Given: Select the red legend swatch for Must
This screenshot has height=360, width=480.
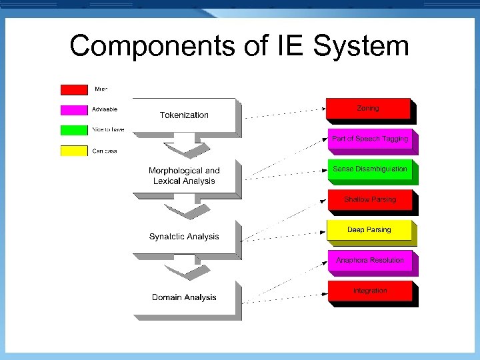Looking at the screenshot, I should [x=74, y=89].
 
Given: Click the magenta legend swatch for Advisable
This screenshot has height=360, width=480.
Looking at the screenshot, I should [x=74, y=109].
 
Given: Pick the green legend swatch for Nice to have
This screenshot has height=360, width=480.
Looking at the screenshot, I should [x=74, y=130].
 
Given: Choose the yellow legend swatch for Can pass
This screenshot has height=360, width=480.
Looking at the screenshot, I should [x=74, y=151].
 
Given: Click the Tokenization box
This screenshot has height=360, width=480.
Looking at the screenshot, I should [x=184, y=115].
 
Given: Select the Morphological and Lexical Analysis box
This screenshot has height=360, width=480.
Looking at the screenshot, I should [x=184, y=176].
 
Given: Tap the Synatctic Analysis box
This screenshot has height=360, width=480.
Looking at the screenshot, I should [x=184, y=237].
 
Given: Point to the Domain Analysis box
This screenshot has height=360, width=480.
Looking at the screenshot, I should [x=184, y=297].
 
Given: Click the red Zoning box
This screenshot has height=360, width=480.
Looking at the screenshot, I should [x=368, y=109].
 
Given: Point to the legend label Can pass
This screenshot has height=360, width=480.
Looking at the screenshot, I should [x=105, y=151].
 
